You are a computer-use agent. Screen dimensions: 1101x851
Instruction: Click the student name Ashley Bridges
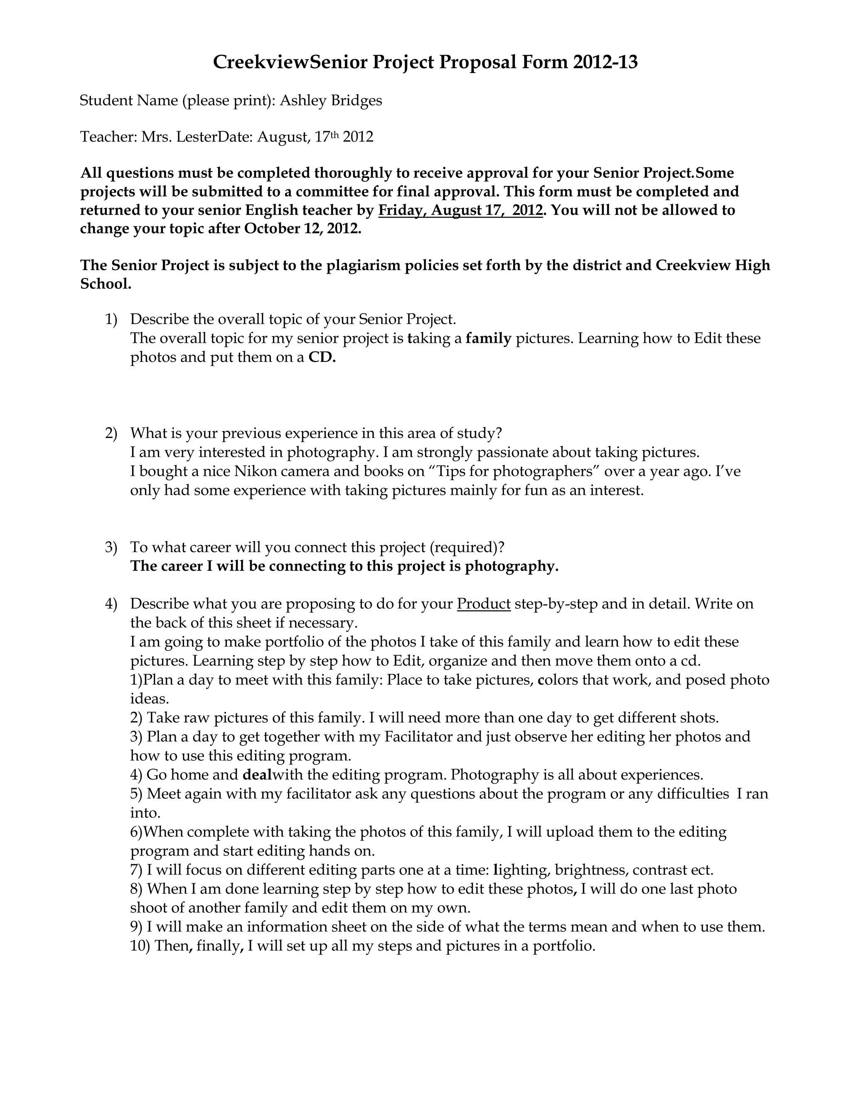331,101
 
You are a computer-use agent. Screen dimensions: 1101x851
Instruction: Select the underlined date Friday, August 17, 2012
460,210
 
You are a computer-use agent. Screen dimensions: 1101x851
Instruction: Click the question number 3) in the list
111,548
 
